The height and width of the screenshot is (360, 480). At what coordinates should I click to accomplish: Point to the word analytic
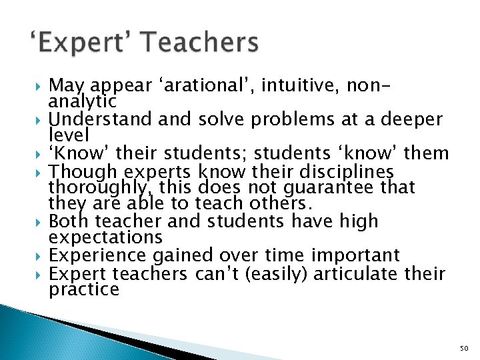(x=83, y=101)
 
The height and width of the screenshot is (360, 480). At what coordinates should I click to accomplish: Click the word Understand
(x=101, y=119)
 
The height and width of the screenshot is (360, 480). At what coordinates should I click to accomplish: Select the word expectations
(x=105, y=238)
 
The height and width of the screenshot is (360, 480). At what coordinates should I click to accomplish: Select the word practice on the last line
(x=84, y=289)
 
